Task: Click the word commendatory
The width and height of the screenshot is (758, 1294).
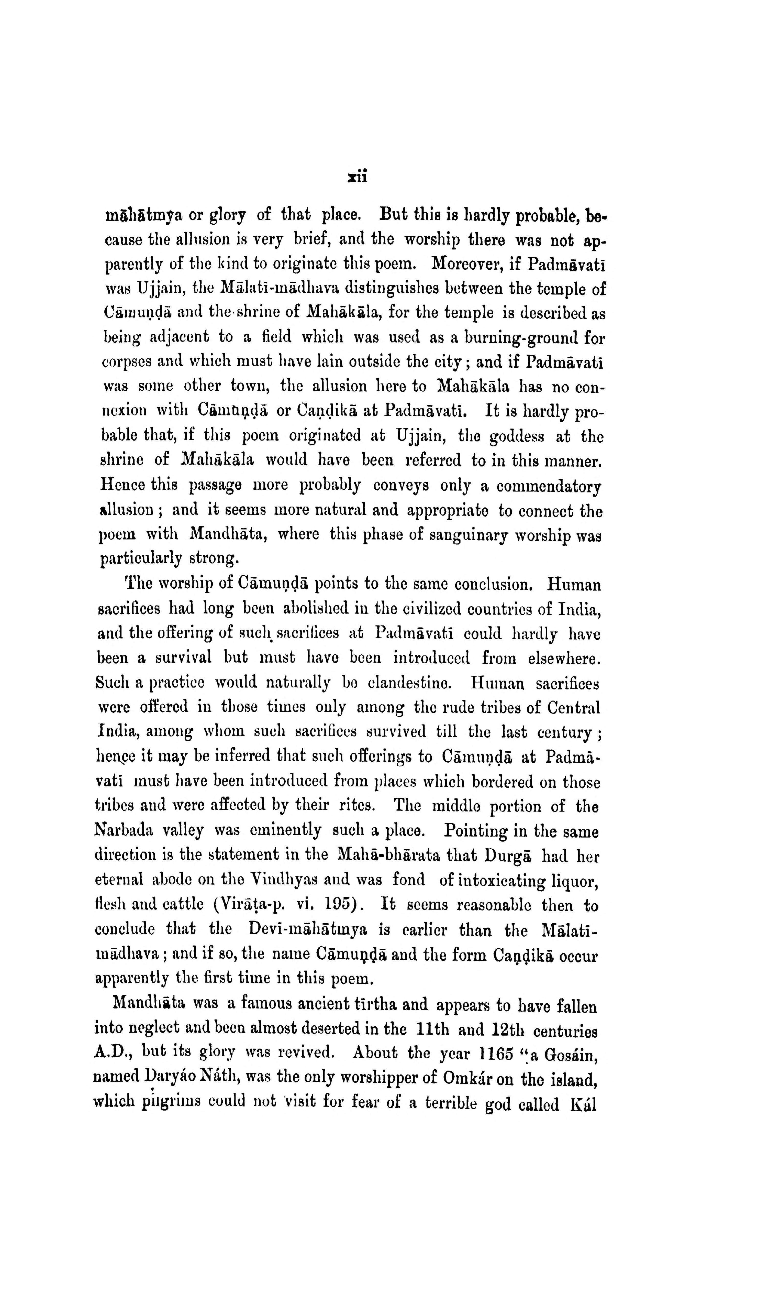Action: click(x=549, y=486)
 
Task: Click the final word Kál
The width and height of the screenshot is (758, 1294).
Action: click(x=583, y=1104)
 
